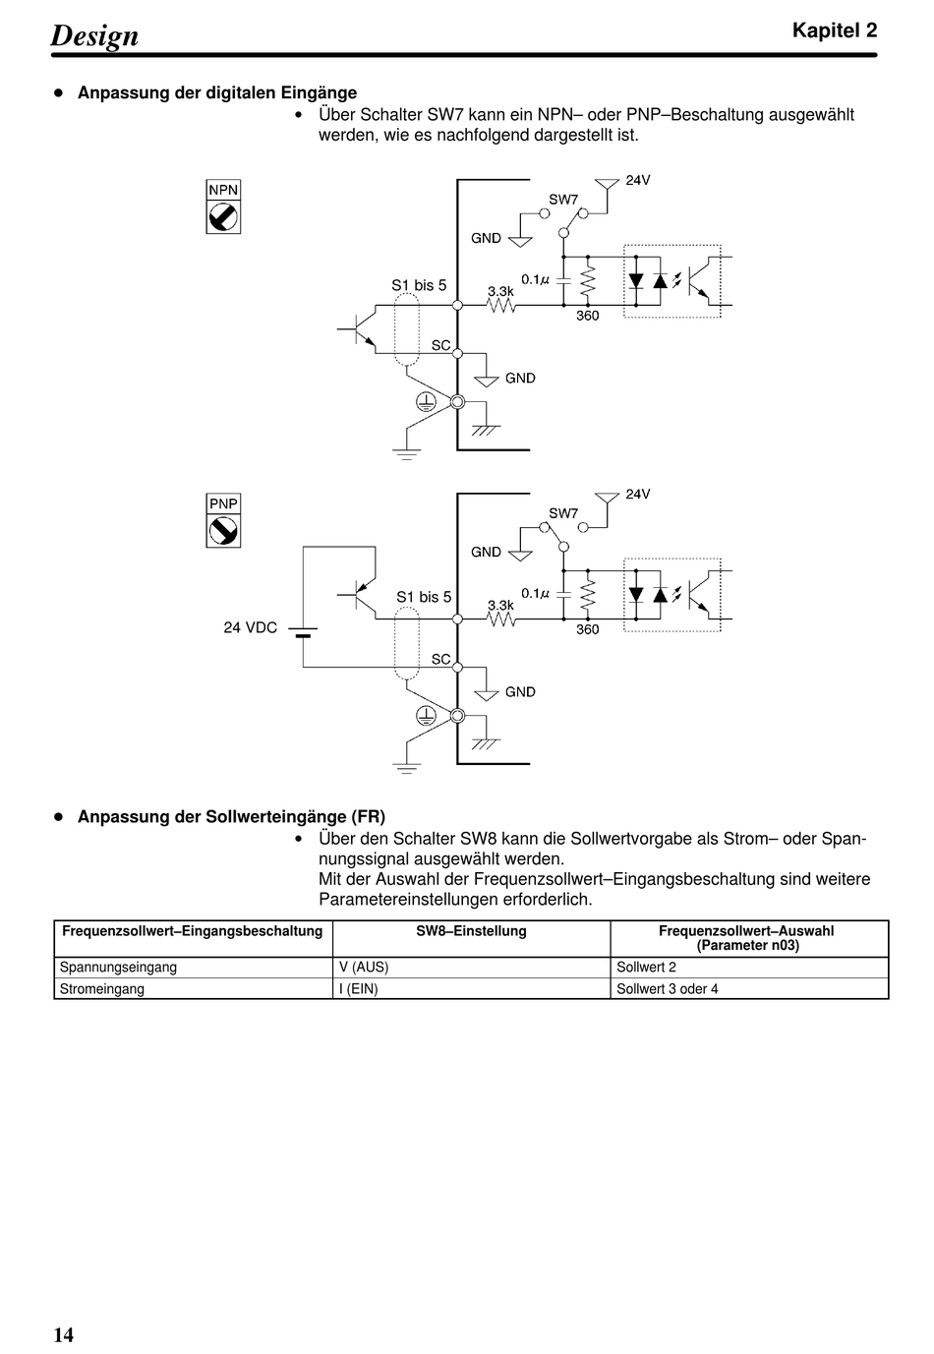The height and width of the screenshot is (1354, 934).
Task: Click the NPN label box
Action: coord(223,190)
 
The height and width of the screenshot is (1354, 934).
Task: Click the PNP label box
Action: coord(223,503)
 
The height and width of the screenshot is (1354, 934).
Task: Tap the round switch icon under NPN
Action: coord(223,217)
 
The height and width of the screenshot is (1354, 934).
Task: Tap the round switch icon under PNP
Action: coord(223,531)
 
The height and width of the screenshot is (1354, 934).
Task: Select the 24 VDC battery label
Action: coord(251,627)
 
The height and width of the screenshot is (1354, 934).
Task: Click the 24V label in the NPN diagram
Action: coord(638,180)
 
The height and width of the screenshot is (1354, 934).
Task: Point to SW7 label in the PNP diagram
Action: coord(563,513)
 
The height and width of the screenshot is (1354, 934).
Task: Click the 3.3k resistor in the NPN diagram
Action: coord(501,306)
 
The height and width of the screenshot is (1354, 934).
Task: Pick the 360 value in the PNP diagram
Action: coord(588,629)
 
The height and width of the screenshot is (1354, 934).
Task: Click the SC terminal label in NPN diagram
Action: coord(440,345)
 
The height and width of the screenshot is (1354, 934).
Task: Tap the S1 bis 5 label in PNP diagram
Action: coord(424,597)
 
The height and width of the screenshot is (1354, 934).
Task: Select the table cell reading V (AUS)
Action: coord(364,968)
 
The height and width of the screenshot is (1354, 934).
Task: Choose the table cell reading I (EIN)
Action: coord(359,989)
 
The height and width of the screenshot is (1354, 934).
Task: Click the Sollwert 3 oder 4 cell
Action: coord(668,989)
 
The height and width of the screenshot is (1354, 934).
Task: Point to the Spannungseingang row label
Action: coord(119,968)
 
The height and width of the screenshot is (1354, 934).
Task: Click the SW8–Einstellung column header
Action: coord(471,931)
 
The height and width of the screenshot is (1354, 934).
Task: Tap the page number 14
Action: coord(64,1334)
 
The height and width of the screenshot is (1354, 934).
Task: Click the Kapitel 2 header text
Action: coord(835,30)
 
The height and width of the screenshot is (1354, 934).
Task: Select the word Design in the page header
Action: coord(94,35)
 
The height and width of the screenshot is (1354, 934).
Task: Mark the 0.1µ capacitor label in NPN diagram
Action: coord(535,279)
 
